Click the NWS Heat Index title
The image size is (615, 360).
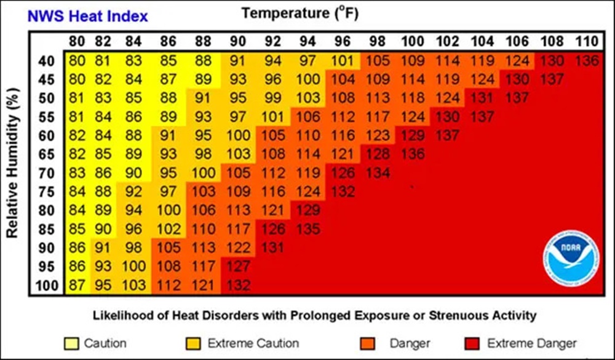coord(78,15)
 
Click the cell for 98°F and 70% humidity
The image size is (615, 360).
coord(376,173)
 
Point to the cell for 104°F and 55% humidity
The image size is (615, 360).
coord(482,117)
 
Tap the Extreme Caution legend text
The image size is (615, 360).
coord(253,343)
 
